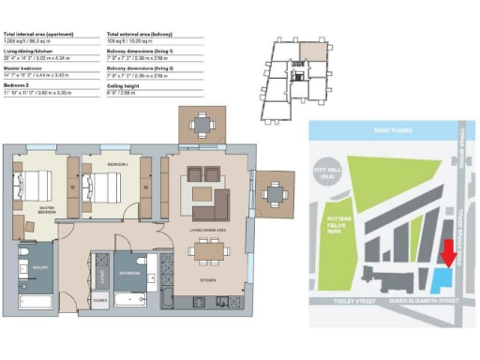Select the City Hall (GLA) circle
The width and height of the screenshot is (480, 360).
coord(326,172)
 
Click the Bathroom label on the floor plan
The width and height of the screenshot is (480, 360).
coord(129,273)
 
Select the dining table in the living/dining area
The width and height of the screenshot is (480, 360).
coord(208,250)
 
